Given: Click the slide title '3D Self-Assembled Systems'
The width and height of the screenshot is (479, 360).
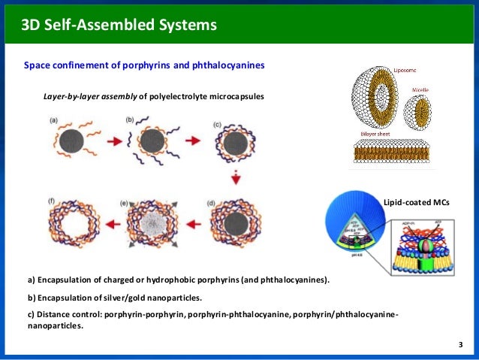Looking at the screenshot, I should [x=119, y=26].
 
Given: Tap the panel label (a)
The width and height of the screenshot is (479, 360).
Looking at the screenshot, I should [x=55, y=119].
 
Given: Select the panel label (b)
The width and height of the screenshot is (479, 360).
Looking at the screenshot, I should [x=130, y=119].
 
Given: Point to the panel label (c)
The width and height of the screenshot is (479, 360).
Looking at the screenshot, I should [x=216, y=123].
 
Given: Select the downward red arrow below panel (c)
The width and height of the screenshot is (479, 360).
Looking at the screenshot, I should [x=235, y=178].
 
